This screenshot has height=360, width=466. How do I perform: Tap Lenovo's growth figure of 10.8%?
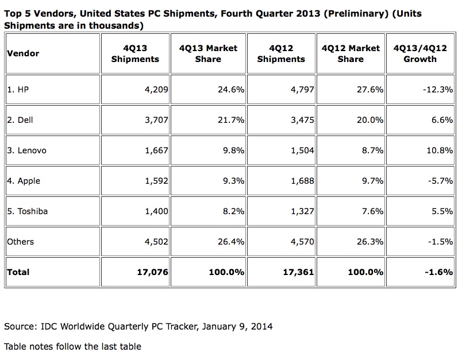438,150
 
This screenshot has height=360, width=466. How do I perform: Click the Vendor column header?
24,53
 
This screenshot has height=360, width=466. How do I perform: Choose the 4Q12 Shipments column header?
281,53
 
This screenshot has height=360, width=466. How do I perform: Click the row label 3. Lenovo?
26,150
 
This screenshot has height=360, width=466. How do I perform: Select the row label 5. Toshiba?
28,211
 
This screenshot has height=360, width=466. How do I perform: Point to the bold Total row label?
18,272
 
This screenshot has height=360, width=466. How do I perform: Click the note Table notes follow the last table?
72,346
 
